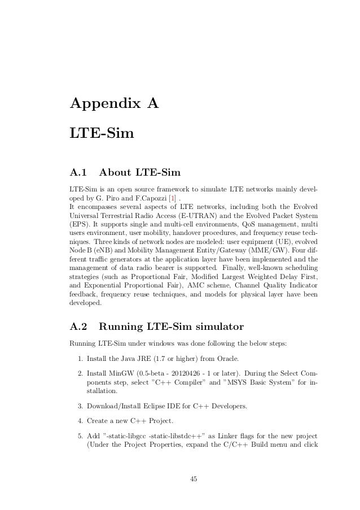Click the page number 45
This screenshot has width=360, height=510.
coord(194,480)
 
